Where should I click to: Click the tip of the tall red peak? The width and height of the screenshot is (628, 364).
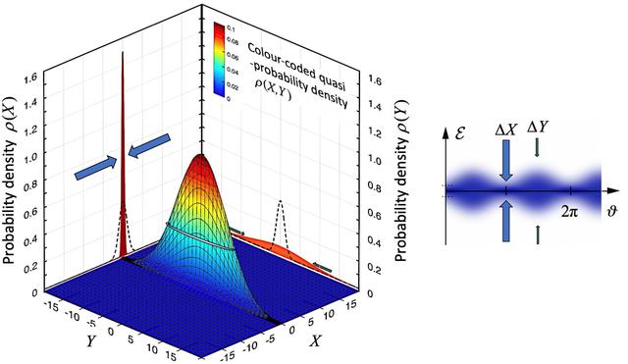tap(123, 52)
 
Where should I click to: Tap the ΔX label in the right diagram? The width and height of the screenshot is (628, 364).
tap(506, 129)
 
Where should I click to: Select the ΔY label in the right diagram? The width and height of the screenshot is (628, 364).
tap(538, 127)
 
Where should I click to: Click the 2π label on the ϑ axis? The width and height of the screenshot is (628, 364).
tap(569, 211)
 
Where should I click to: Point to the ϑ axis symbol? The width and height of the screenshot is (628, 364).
tap(611, 210)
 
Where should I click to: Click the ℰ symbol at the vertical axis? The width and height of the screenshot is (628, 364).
tap(459, 132)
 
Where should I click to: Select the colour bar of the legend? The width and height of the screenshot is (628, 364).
tap(219, 59)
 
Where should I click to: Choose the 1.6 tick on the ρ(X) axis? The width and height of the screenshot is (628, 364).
tap(30, 80)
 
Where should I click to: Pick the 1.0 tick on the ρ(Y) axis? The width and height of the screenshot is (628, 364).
tap(374, 159)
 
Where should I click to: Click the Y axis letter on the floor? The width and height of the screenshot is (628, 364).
tap(91, 340)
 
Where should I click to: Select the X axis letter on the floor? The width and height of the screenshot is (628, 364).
tap(316, 340)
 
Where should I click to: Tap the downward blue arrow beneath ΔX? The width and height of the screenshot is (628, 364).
tap(506, 159)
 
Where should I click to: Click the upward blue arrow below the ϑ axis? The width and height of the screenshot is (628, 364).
tap(506, 221)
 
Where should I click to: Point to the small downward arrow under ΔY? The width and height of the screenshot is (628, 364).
tap(537, 148)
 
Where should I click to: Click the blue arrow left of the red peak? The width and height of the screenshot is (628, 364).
tap(96, 169)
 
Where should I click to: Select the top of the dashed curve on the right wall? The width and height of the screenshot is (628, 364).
tap(281, 200)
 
